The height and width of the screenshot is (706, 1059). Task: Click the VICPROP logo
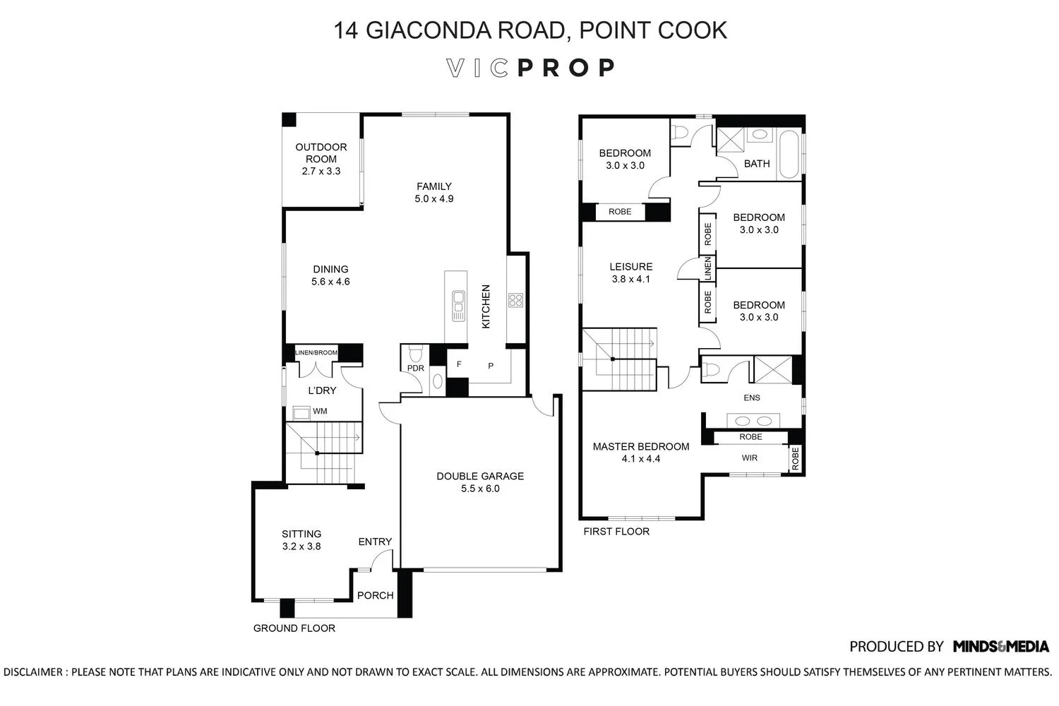pyautogui.click(x=530, y=68)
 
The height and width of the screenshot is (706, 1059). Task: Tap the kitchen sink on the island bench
pyautogui.click(x=458, y=306)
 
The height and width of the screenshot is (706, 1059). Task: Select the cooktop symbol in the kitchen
pyautogui.click(x=515, y=300)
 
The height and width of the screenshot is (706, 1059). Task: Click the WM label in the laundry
pyautogui.click(x=320, y=412)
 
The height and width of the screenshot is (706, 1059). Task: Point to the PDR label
pyautogui.click(x=416, y=368)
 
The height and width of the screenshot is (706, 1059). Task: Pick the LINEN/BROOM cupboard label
pyautogui.click(x=316, y=352)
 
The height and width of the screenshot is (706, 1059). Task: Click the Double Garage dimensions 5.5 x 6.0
pyautogui.click(x=480, y=489)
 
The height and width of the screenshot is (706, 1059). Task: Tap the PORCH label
pyautogui.click(x=376, y=595)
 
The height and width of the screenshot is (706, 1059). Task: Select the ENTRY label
pyautogui.click(x=375, y=542)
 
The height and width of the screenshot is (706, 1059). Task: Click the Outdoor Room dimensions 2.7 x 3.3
pyautogui.click(x=321, y=171)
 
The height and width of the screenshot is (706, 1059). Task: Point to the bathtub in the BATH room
pyautogui.click(x=788, y=155)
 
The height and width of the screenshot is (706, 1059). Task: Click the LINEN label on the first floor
pyautogui.click(x=707, y=268)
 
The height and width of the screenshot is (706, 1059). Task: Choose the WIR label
pyautogui.click(x=750, y=457)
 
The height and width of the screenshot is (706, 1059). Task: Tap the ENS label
pyautogui.click(x=752, y=397)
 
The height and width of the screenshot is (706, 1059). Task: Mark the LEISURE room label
pyautogui.click(x=630, y=267)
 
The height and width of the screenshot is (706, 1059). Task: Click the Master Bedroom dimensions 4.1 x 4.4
pyautogui.click(x=641, y=459)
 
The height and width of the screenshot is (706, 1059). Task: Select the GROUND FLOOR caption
pyautogui.click(x=294, y=628)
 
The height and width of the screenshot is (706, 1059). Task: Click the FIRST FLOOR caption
pyautogui.click(x=616, y=532)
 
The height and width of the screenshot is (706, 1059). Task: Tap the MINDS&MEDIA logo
pyautogui.click(x=1001, y=647)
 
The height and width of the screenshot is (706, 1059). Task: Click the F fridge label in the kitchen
pyautogui.click(x=459, y=364)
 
